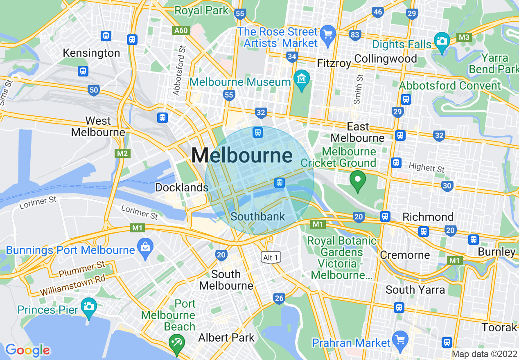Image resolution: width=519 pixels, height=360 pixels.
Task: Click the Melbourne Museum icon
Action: (302, 76)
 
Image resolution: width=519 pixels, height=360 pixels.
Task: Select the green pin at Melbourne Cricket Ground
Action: (358, 180)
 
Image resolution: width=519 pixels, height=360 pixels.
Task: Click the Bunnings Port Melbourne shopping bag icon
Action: (145, 246)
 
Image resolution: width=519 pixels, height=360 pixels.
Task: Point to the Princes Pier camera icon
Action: (88, 306)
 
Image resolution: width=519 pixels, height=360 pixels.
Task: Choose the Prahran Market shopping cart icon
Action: (400, 339)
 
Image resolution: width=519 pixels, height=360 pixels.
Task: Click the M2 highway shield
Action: (122, 153)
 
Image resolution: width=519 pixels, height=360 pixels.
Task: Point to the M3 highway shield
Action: (464, 38)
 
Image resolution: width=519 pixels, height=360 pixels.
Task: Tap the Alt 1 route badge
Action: (271, 257)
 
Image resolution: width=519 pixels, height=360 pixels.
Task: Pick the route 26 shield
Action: (279, 299)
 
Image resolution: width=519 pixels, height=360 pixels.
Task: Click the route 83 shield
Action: (355, 35)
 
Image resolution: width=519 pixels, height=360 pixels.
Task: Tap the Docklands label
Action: (182, 187)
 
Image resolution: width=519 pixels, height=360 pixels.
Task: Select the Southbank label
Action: (257, 216)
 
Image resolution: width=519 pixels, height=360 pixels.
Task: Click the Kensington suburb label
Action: (91, 53)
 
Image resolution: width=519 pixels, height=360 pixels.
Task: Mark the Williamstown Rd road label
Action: (73, 286)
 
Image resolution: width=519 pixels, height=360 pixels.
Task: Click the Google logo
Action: (27, 350)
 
